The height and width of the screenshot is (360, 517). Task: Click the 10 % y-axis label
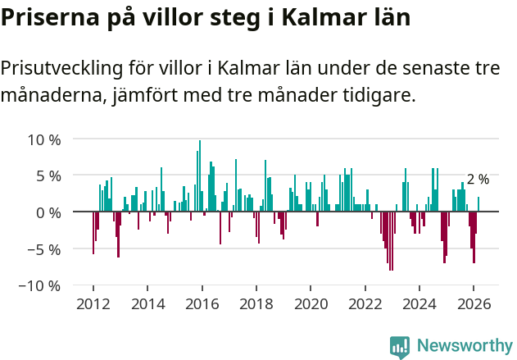44,139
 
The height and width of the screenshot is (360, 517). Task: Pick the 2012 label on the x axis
93,304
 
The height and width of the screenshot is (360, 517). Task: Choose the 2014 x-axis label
147,304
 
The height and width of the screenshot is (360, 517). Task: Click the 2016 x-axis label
202,304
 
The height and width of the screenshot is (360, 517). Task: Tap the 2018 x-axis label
256,304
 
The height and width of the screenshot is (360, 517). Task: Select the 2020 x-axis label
311,304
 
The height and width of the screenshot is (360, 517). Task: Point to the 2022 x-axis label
365,304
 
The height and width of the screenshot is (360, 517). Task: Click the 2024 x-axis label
419,304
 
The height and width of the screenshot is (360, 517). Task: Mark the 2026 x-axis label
473,304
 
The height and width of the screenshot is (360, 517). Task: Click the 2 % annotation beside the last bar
478,180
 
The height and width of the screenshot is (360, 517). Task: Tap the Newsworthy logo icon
400,346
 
